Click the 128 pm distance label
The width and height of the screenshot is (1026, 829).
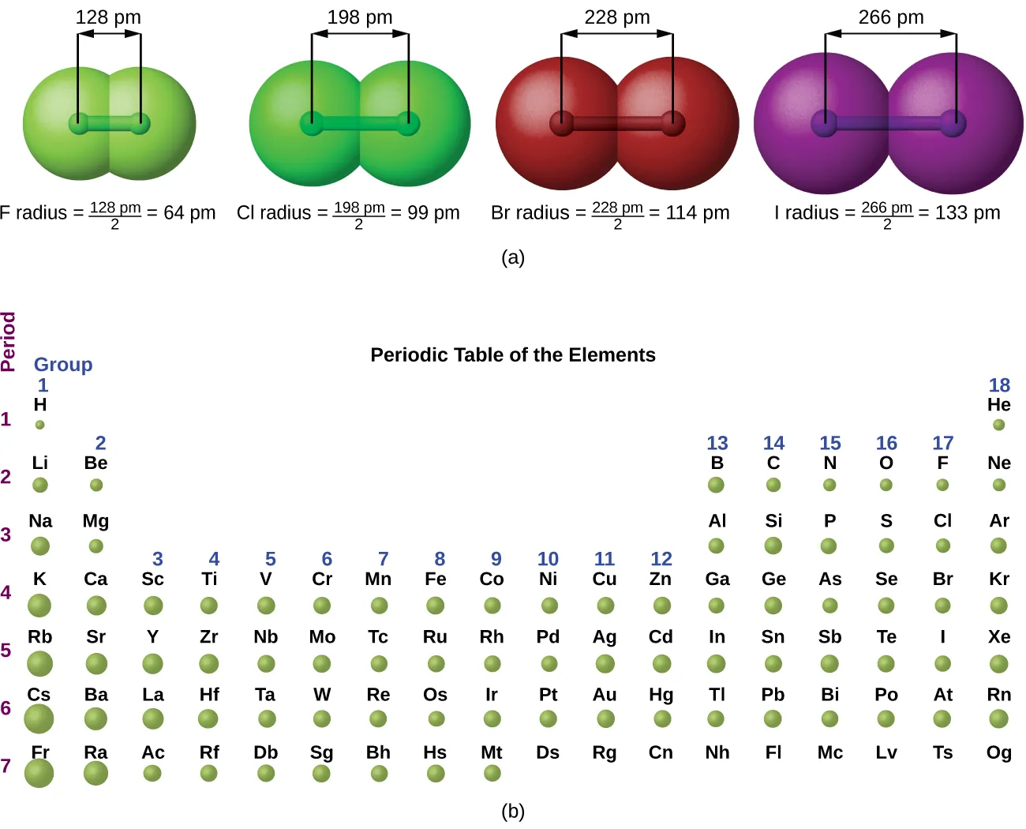[x=108, y=17]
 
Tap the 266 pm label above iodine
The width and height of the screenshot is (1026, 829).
[x=891, y=17]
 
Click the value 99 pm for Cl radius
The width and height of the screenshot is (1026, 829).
[x=433, y=212]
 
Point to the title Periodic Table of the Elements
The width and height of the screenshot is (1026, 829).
[x=513, y=355]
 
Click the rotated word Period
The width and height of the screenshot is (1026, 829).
[x=9, y=341]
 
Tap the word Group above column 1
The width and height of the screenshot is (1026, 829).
[x=63, y=365]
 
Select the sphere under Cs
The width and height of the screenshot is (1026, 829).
[x=39, y=719]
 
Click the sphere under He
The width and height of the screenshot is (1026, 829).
[x=999, y=425]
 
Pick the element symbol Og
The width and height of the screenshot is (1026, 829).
[x=999, y=752]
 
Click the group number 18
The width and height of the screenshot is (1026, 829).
[x=999, y=385]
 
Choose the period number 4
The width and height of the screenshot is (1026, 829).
[x=6, y=592]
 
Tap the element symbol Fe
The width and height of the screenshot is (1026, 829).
[x=436, y=579]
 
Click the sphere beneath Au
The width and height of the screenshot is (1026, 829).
[x=605, y=718]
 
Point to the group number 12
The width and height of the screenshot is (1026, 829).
[x=661, y=559]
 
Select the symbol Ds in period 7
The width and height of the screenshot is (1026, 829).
[x=548, y=752]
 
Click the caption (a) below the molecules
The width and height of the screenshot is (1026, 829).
[x=513, y=257]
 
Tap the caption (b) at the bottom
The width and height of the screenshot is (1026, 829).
[x=513, y=811]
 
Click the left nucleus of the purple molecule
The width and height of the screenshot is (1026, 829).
[x=825, y=124]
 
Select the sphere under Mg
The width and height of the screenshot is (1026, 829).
[x=96, y=546]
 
